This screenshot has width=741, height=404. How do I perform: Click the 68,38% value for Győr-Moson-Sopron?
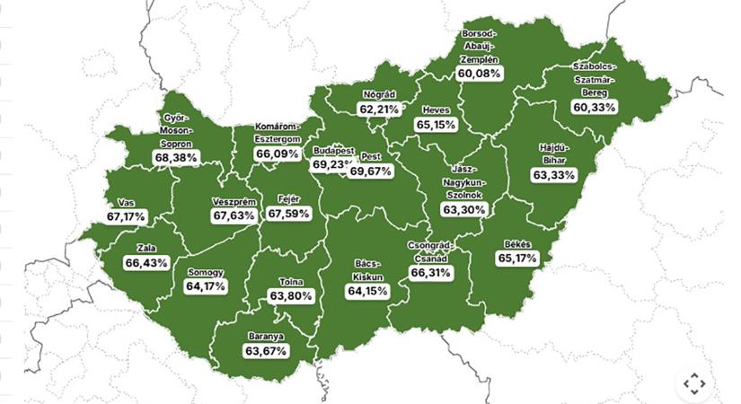176,157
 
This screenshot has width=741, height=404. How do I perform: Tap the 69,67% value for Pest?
371,171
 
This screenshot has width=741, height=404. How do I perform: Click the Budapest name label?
333,151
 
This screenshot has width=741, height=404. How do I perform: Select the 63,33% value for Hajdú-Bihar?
553,174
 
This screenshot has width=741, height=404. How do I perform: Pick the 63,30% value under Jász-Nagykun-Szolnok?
464,209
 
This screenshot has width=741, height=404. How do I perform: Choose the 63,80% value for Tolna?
290,295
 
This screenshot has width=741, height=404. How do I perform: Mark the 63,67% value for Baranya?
266,351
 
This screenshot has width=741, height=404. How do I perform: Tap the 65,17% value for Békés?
516,259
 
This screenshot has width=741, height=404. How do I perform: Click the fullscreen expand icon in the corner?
694,383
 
